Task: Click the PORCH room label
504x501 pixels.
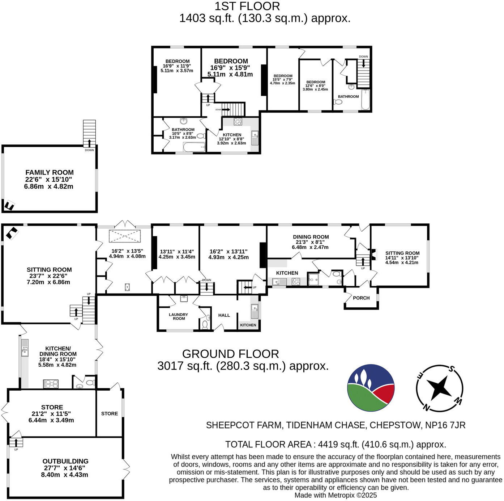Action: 361,298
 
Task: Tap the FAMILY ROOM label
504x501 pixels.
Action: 50,173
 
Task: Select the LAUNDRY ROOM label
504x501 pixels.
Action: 179,316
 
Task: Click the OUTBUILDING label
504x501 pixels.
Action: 65,461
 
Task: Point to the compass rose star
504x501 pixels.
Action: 439,388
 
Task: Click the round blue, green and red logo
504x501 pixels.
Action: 371,388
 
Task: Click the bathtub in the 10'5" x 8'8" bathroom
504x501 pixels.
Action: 194,147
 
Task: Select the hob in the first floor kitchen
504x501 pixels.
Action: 238,122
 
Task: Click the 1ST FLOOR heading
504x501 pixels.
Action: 247,6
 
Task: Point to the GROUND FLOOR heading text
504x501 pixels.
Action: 230,354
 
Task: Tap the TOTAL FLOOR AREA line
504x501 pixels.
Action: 335,444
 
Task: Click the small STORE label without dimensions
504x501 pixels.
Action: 110,413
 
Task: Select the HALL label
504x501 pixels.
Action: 224,315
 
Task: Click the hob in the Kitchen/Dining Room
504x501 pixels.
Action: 51,384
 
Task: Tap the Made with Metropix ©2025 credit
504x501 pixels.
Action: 335,495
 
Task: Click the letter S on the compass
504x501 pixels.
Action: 451,369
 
